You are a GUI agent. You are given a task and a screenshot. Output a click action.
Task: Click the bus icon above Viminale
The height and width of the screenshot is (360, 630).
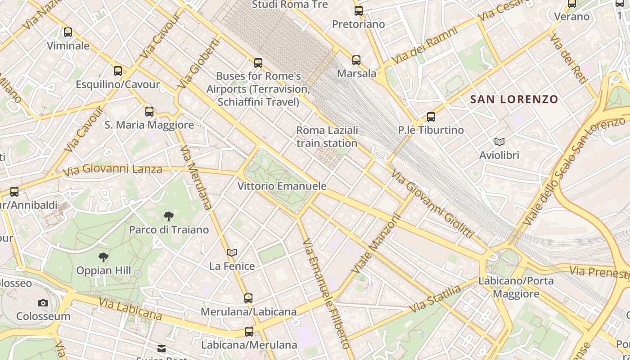point(68,32)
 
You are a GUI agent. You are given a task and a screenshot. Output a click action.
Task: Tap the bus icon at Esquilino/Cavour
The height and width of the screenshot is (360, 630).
point(118,71)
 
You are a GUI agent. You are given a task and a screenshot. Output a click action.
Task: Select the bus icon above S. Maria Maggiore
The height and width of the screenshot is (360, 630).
point(149,111)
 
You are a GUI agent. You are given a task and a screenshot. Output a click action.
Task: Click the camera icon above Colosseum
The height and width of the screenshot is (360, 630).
point(43,303)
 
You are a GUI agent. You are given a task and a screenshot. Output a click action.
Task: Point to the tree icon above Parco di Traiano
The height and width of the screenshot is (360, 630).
point(169,216)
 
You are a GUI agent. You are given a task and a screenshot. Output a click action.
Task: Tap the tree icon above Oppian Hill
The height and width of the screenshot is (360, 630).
point(103,257)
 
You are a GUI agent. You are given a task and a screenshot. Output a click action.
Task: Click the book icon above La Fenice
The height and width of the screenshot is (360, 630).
point(232,253)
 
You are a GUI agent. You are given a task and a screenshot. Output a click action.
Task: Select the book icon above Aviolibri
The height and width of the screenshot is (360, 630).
point(499,142)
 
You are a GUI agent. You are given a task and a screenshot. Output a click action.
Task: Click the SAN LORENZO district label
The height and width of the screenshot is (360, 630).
point(514,99)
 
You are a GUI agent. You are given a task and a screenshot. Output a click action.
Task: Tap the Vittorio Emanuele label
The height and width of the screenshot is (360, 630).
point(282,186)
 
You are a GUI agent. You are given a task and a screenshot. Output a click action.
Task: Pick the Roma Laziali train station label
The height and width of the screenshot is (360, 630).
point(327,137)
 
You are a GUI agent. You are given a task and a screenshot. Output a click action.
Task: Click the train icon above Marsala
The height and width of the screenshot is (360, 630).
point(356,60)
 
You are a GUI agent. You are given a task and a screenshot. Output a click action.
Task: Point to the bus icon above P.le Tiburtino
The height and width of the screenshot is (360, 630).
point(431,117)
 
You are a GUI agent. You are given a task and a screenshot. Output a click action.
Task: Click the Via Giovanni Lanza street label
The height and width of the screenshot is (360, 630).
point(112,170)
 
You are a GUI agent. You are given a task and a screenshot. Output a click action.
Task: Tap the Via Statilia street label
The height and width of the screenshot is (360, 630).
point(436,299)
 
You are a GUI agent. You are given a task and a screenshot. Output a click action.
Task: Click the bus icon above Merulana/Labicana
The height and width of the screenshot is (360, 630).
point(248,298)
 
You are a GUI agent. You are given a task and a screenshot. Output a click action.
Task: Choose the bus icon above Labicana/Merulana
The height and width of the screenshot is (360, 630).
point(249,332)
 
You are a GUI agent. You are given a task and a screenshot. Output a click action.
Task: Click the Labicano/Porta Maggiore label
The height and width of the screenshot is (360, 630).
point(516,287)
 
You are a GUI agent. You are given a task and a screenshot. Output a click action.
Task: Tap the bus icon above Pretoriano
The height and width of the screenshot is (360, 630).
point(359,11)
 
